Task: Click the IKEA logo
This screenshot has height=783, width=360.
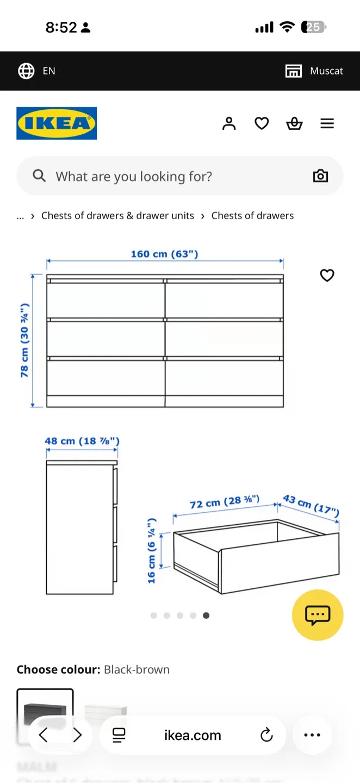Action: click(x=57, y=123)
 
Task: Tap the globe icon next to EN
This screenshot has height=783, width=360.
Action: click(x=26, y=71)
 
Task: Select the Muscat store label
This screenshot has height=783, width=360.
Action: click(x=326, y=71)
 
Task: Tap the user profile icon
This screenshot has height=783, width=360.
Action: click(x=229, y=124)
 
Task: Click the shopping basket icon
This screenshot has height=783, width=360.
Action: click(x=294, y=124)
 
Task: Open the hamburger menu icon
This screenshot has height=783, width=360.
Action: click(x=327, y=124)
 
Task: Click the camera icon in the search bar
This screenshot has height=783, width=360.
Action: click(x=320, y=176)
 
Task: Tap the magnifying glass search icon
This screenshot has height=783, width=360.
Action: click(x=39, y=176)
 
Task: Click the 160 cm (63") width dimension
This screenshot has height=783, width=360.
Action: click(x=164, y=254)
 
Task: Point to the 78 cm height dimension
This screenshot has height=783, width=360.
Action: click(x=24, y=340)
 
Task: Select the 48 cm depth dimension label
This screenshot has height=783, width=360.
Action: click(x=82, y=441)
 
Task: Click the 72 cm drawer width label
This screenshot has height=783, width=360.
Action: click(x=225, y=502)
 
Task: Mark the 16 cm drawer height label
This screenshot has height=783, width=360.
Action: click(x=152, y=550)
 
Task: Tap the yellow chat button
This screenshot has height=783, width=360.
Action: click(x=318, y=615)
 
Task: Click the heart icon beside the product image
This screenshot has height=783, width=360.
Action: click(x=327, y=276)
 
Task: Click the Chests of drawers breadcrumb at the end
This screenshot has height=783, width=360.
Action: click(x=252, y=216)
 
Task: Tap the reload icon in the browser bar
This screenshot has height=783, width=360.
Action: click(x=266, y=736)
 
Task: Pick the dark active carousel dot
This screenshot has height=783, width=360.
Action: click(x=206, y=616)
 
